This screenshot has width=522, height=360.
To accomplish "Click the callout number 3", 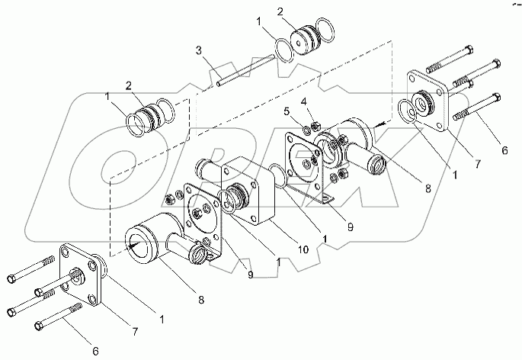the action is (199, 51).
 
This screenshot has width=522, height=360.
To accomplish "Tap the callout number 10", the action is (303, 249).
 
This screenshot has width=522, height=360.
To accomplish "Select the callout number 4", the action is (303, 101).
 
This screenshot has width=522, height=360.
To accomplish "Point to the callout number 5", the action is (287, 111).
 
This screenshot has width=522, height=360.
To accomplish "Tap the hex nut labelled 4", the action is (315, 127).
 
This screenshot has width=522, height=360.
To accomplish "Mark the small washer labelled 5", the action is (306, 129).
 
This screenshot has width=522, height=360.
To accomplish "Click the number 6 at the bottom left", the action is (95, 351).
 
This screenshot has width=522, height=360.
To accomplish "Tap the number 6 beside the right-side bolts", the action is (504, 150).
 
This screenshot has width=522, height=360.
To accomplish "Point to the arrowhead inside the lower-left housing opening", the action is (133, 246).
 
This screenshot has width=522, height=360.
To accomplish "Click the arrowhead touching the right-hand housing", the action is (379, 125).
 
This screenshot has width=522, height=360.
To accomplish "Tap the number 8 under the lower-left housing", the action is (200, 300).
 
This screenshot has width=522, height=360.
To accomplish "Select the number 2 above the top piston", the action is (280, 12).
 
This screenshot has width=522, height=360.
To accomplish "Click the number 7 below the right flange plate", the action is (477, 164).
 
